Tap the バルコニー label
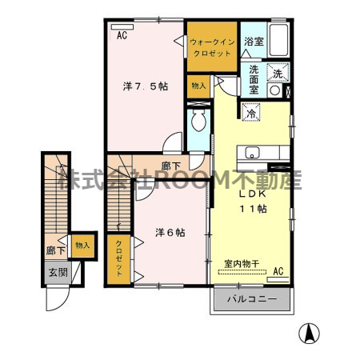pyautogui.click(x=252, y=299)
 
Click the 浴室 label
pyautogui.click(x=254, y=41)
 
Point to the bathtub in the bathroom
pyautogui.click(x=278, y=38)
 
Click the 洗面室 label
pyautogui.click(x=254, y=79)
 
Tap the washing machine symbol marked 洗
pyautogui.click(x=278, y=74)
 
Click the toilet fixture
pyautogui.click(x=198, y=122)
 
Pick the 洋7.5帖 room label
pyautogui.click(x=145, y=86)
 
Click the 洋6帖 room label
pyautogui.click(x=170, y=233)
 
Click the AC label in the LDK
pyautogui.click(x=278, y=272)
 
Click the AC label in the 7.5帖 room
pyautogui.click(x=122, y=35)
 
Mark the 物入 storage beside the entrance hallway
pyautogui.click(x=82, y=245)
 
